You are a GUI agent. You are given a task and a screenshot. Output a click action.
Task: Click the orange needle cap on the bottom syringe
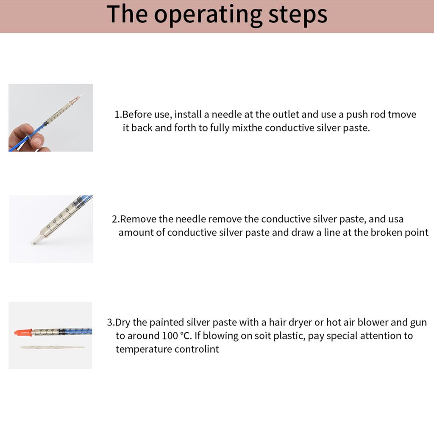(23, 332)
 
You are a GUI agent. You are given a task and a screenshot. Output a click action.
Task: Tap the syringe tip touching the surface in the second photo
(34, 243)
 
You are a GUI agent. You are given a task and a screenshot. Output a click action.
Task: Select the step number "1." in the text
(118, 115)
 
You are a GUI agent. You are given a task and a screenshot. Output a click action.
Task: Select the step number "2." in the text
(116, 219)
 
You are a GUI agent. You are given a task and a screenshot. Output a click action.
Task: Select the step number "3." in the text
(111, 323)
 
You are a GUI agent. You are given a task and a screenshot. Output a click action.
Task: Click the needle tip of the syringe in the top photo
(83, 94)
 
